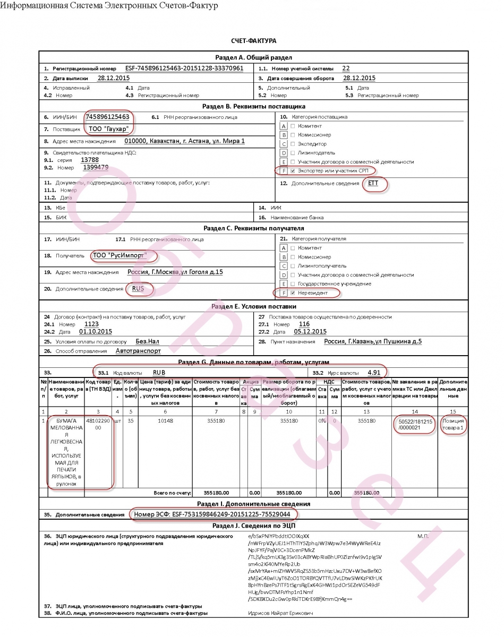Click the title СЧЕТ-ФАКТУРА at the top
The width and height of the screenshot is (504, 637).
(253, 41)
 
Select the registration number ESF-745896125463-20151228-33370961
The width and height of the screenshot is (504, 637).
(184, 68)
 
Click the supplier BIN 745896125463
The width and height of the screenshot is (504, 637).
(107, 117)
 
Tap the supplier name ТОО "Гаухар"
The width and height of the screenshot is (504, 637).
(108, 129)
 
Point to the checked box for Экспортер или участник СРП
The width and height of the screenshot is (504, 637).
(293, 170)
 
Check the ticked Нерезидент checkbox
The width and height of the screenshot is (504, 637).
(293, 292)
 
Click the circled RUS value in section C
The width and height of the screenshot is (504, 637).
(138, 289)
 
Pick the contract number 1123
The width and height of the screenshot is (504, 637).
(91, 324)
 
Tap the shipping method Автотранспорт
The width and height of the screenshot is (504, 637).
(138, 350)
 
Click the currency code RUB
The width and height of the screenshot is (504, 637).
(159, 372)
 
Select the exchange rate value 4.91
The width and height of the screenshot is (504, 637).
(374, 372)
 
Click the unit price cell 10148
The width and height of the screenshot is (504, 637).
(165, 420)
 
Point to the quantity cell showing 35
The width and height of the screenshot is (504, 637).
(131, 420)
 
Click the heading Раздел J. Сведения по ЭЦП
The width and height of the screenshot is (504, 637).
(253, 526)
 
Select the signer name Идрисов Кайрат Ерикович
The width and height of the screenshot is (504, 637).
(280, 613)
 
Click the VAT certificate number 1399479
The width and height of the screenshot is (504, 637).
(96, 167)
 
